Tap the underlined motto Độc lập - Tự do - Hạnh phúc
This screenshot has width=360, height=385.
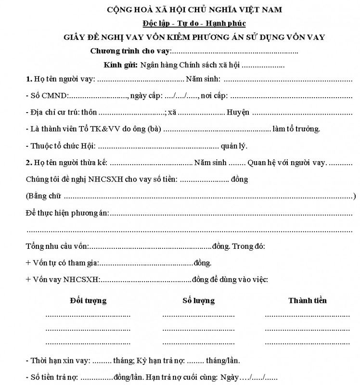pyautogui.click(x=194, y=23)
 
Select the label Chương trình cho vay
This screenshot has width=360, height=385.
pyautogui.click(x=130, y=51)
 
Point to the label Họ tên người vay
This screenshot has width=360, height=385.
pyautogui.click(x=60, y=79)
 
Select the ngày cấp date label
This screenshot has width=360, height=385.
pyautogui.click(x=146, y=96)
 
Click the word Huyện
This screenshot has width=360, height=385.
pyautogui.click(x=238, y=113)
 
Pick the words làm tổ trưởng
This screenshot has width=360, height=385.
pyautogui.click(x=296, y=129)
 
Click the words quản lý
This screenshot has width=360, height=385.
pyautogui.click(x=234, y=146)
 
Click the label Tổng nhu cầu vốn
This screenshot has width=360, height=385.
pyautogui.click(x=57, y=246)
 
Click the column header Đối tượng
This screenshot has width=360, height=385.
pyautogui.click(x=88, y=301)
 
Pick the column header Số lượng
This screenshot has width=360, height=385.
pyautogui.click(x=198, y=301)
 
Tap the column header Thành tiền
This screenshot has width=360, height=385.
pyautogui.click(x=308, y=301)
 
